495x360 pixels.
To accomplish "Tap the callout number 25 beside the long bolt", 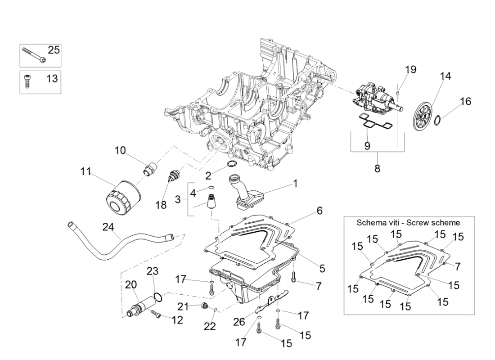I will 54,50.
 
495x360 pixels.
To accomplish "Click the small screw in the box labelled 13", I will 27,82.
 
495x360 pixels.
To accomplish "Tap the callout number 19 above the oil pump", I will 410,70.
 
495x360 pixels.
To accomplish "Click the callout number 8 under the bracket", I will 377,169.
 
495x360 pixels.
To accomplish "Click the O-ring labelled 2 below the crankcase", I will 232,163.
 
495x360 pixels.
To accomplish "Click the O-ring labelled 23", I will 158,296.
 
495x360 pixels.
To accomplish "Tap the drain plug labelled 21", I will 205,307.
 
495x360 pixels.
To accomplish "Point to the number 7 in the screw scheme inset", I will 458,266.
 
